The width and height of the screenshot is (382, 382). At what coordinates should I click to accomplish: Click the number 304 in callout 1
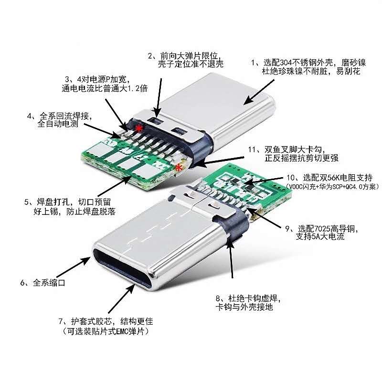point(286,63)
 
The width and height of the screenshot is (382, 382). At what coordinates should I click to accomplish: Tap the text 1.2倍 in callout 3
point(138,88)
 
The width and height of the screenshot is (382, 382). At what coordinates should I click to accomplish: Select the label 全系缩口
point(49,283)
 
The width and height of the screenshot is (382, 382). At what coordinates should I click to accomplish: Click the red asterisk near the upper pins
point(139,128)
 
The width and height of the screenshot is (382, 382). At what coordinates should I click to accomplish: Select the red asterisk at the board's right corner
point(179,168)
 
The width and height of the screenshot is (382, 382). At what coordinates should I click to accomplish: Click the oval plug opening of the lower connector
point(123,267)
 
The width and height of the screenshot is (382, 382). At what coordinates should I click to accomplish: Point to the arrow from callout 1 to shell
point(259,92)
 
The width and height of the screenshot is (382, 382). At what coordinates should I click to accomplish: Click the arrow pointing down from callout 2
point(159,97)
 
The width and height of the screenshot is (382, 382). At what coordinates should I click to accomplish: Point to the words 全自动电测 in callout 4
point(58,124)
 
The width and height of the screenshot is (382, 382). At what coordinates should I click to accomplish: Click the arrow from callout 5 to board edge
point(115,186)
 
